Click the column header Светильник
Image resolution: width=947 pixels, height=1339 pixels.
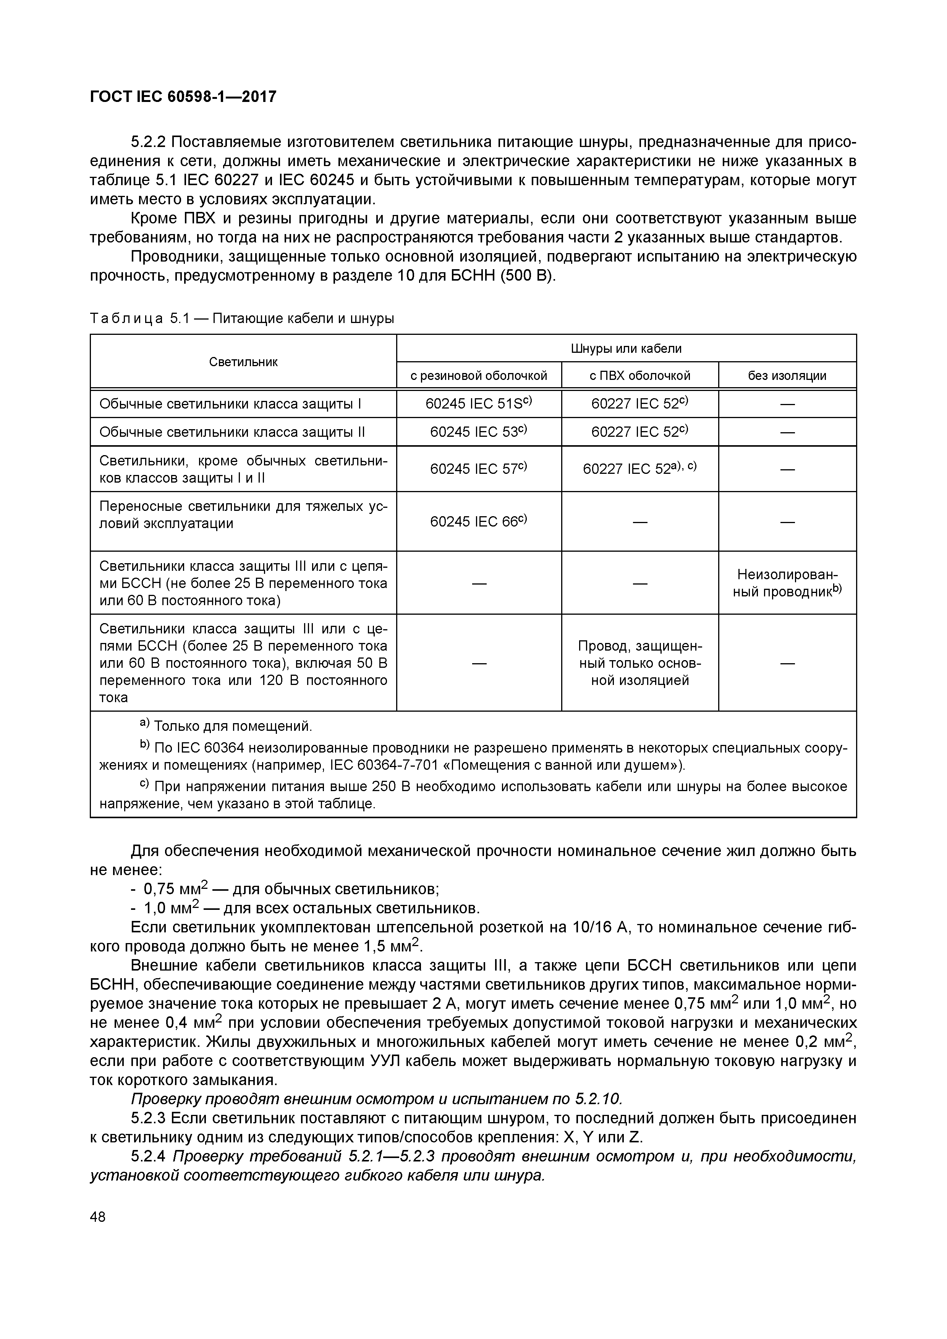click(243, 362)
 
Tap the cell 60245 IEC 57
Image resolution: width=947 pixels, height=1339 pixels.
click(478, 469)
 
